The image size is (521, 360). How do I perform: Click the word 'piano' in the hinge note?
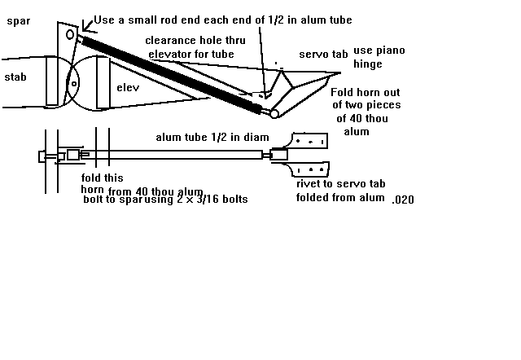pos(389,50)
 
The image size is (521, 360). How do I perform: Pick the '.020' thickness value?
pos(402,199)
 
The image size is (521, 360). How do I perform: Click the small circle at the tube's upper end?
pos(71,36)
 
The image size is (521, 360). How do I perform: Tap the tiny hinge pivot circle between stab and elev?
pos(71,82)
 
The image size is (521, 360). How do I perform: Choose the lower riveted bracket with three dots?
pos(309,170)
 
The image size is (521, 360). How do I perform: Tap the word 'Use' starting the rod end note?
pos(105,20)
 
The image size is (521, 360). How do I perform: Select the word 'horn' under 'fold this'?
pos(94,189)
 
